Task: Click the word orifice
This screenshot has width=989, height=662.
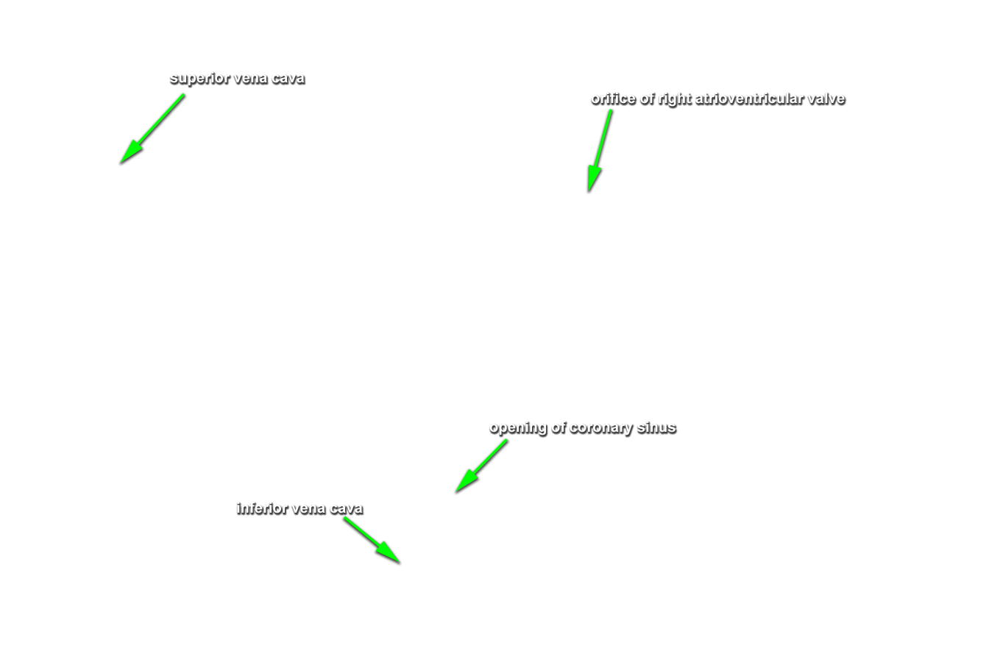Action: (x=613, y=98)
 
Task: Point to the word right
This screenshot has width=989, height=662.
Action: (x=675, y=99)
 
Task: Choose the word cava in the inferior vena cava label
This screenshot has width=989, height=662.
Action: (x=347, y=509)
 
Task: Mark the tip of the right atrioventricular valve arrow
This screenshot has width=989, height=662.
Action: (x=589, y=192)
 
